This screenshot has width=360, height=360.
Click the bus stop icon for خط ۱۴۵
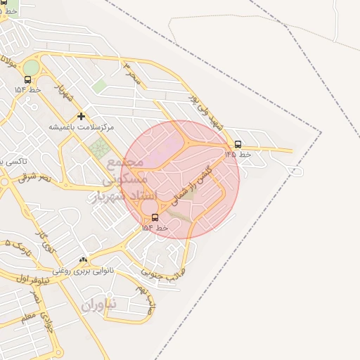tap(238, 144)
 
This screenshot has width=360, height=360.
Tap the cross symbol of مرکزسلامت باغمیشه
tap(81, 116)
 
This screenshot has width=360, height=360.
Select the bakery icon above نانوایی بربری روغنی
tap(84, 260)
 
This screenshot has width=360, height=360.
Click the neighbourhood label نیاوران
tap(97, 306)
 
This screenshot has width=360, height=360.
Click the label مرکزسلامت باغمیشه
tap(81, 127)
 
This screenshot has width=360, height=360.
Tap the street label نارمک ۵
tap(15, 246)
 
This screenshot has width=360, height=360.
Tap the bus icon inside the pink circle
tap(155, 217)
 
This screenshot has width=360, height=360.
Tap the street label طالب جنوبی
tap(163, 272)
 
